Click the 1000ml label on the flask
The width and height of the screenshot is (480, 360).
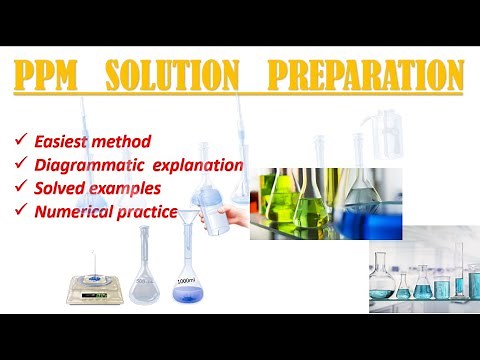pyautogui.click(x=185, y=282)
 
